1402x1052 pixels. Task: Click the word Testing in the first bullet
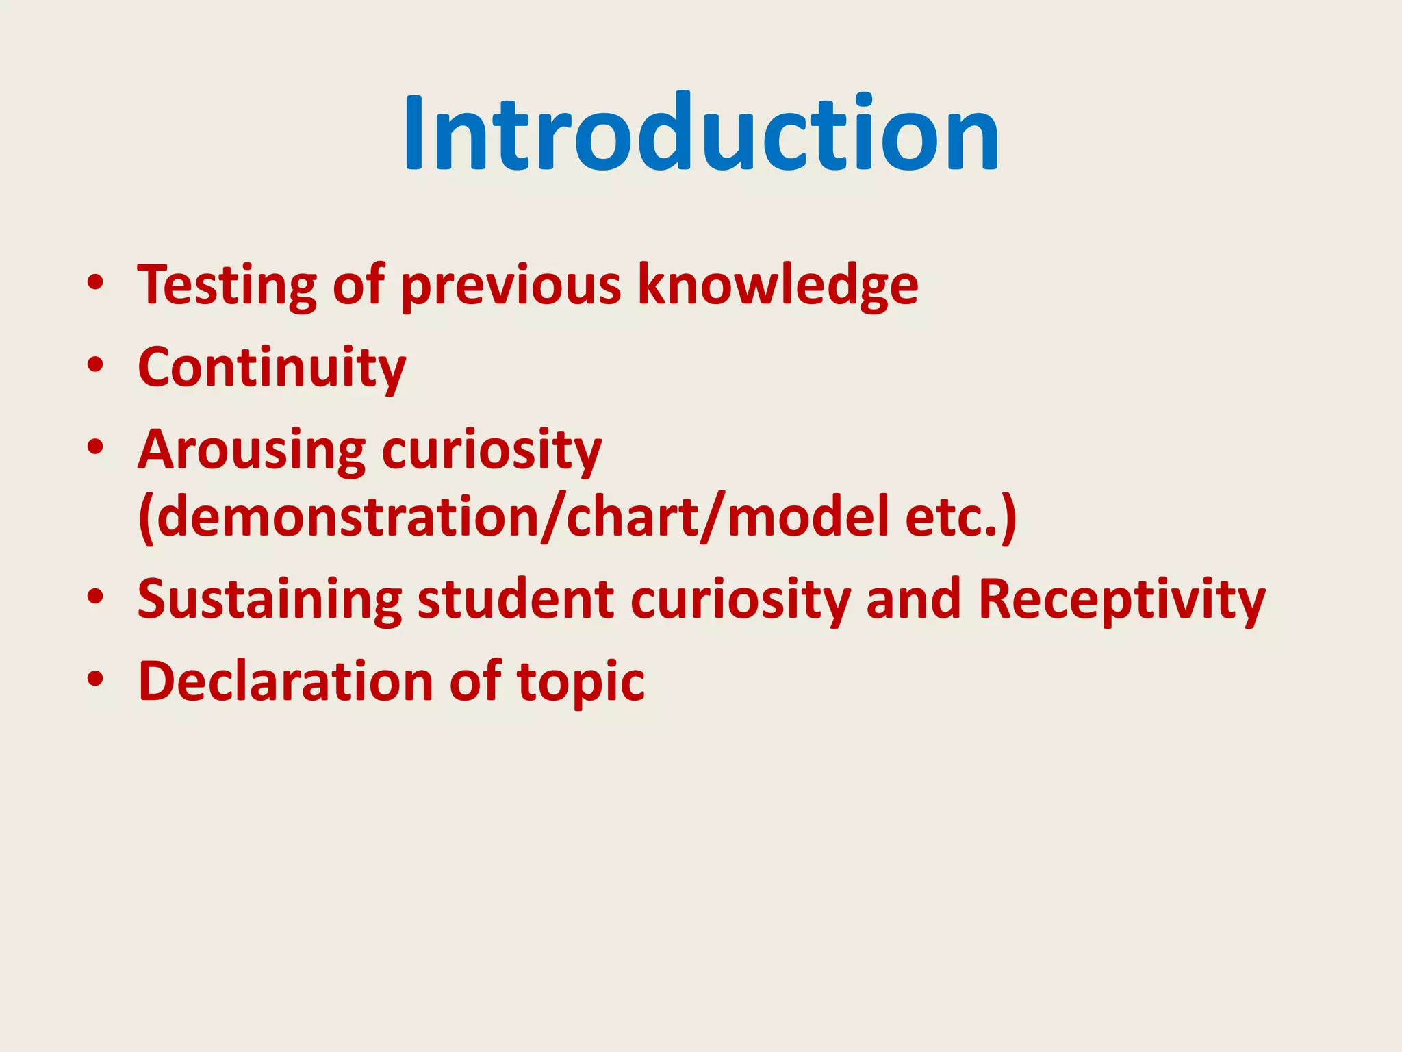point(227,285)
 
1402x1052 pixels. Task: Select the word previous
point(511,285)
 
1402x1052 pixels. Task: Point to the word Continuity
point(272,368)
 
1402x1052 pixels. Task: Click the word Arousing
point(251,451)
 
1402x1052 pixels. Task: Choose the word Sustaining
point(269,599)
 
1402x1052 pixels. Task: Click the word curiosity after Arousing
point(491,451)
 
